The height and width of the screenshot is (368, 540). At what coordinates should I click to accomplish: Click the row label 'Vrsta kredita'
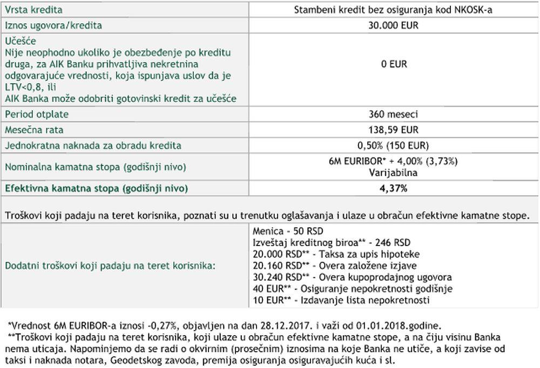pos(33,10)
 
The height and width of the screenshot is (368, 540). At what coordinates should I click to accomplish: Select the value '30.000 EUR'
pos(394,25)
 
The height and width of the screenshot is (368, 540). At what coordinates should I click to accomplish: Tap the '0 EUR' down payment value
pos(394,64)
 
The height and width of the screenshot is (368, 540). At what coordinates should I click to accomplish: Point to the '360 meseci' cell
pos(394,114)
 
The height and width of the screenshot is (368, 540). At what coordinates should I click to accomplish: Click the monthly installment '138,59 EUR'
pos(394,130)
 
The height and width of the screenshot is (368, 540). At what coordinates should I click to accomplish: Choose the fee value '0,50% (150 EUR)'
pos(394,146)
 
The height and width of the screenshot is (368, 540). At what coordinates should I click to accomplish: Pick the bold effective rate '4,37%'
pos(394,188)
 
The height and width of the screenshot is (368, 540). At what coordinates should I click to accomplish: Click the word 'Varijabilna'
pos(394,173)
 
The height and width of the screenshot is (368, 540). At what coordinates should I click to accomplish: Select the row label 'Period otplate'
pos(37,114)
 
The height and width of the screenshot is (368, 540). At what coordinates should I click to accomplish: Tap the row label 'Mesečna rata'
pos(34,130)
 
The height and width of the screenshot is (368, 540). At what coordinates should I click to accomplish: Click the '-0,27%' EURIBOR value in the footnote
pos(164,326)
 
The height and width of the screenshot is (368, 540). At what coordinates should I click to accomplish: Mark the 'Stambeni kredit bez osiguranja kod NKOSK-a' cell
pos(394,10)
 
